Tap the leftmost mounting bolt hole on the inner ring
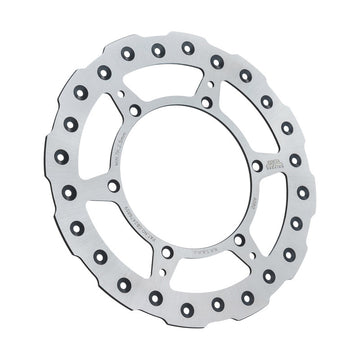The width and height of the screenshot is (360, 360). (x=113, y=186)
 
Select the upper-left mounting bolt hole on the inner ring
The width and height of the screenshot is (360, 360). (x=135, y=110)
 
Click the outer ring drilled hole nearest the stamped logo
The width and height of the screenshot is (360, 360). (x=295, y=160)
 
